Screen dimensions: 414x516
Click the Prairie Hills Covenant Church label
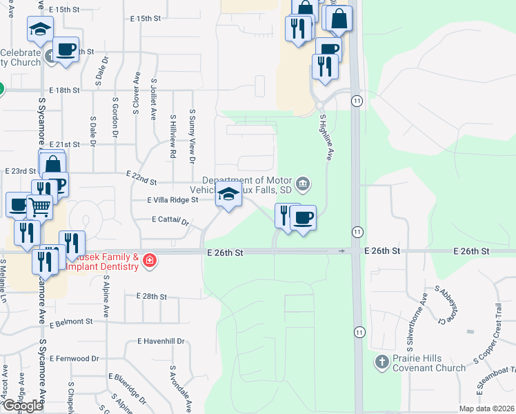[428, 363]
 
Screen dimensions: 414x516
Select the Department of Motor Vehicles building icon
[302, 184]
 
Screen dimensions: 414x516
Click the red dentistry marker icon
[149, 260]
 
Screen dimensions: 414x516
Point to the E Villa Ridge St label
[172, 199]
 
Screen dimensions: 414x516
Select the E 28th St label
[152, 296]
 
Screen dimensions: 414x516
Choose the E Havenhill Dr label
[161, 341]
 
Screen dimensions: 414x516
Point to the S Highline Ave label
[326, 137]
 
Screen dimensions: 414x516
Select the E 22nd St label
[141, 178]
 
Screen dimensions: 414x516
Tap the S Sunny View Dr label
[192, 136]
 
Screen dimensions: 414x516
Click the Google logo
[22, 406]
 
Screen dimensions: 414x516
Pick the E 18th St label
[66, 90]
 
